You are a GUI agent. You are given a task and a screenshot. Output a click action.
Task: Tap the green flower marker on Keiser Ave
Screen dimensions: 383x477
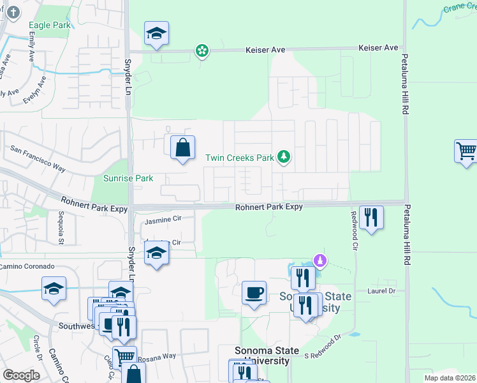pos(202,50)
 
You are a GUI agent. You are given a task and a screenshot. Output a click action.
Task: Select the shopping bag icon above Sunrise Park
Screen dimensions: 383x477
pos(182,148)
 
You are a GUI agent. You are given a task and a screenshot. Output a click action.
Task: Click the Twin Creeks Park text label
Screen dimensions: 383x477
pos(239,157)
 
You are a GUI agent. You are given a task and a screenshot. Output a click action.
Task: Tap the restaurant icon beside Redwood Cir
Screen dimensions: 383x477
pos(371,218)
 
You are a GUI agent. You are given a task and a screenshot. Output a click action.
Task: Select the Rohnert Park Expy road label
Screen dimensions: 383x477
pos(268,207)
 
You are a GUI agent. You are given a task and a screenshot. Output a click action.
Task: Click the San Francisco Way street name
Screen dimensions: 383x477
pos(38,158)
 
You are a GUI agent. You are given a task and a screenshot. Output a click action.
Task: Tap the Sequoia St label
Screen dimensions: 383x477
pos(61,228)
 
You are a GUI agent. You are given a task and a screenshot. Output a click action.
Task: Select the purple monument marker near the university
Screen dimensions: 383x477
pos(321,260)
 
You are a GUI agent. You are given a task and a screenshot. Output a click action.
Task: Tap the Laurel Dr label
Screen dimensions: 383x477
pos(382,290)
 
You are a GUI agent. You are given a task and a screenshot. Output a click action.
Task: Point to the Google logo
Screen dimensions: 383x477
pos(22,375)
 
